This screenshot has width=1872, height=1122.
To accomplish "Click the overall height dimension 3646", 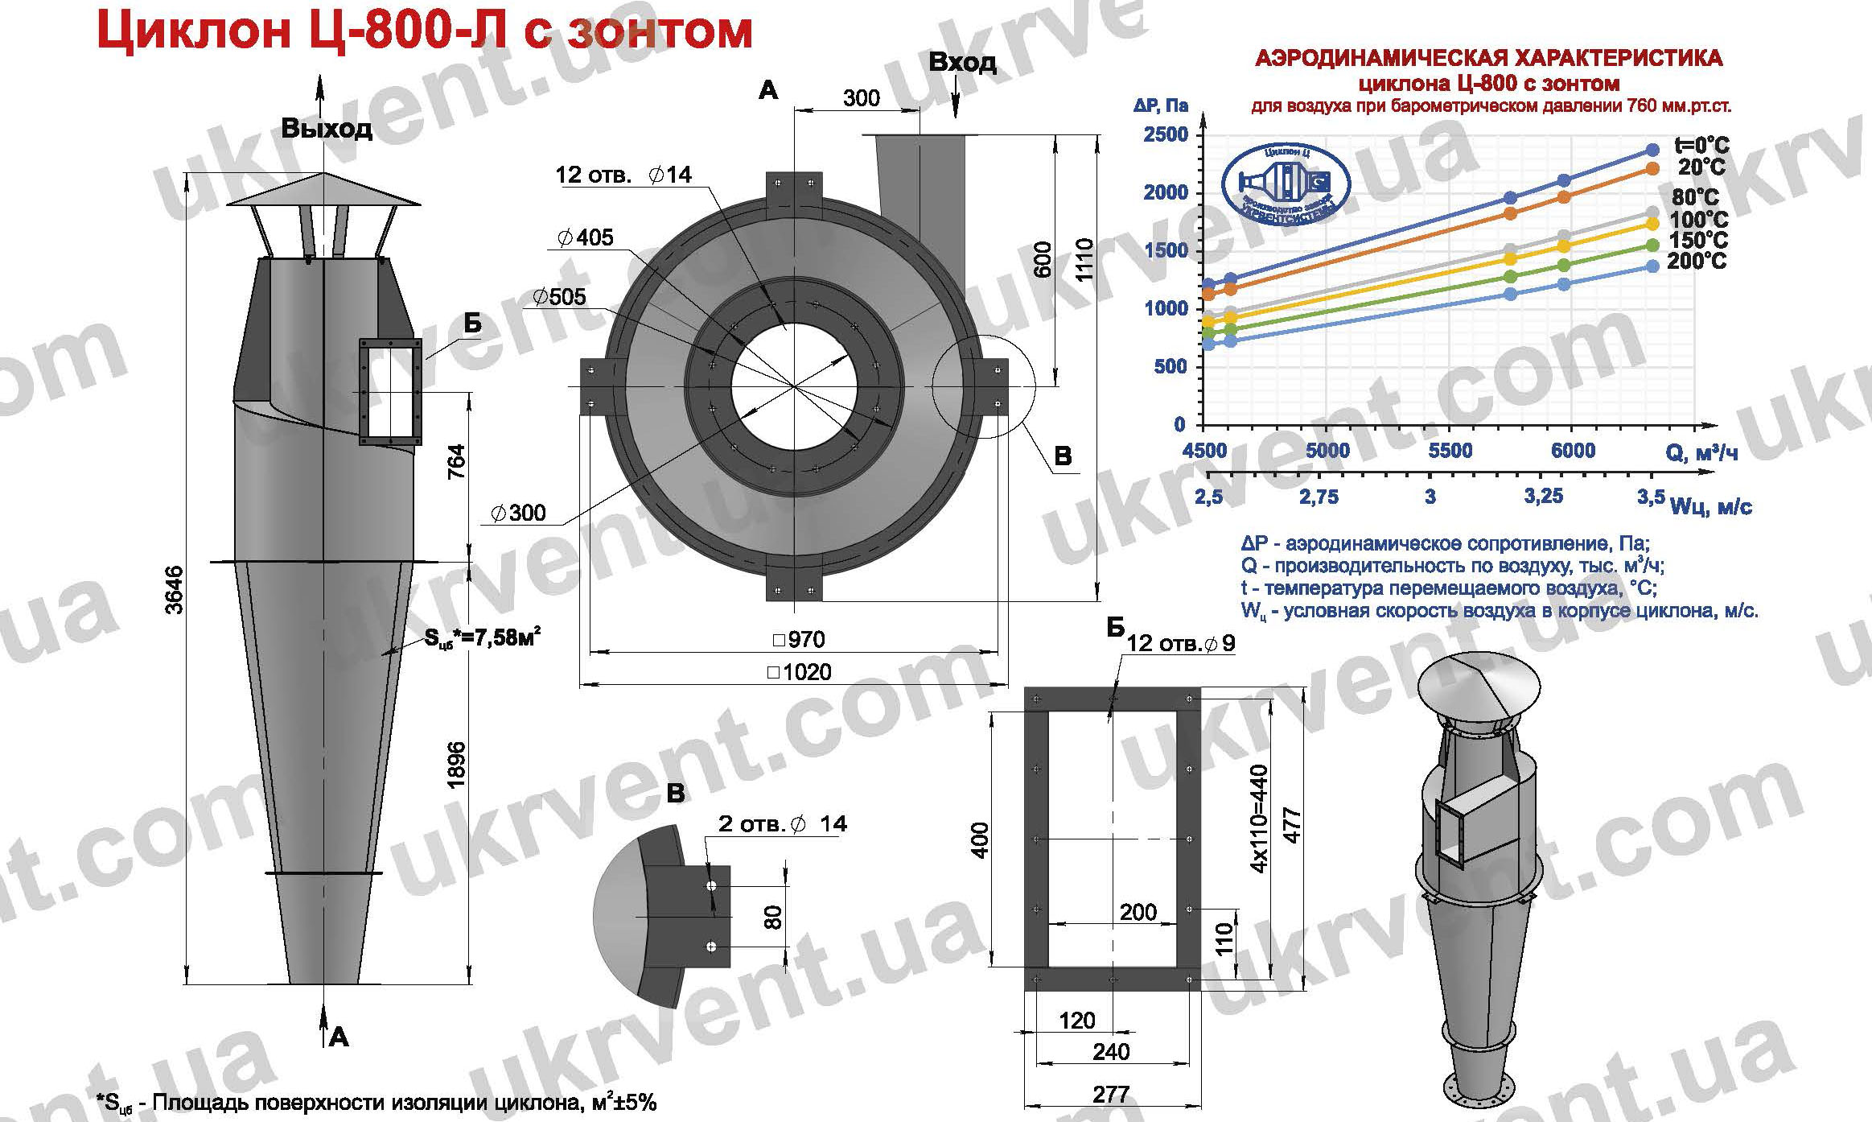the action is [175, 590].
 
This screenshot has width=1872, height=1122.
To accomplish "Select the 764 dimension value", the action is [456, 462].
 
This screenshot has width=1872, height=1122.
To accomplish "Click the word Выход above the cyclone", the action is [327, 129].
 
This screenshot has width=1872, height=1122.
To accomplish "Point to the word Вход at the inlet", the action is [962, 62].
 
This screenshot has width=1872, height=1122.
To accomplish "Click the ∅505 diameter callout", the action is [559, 297].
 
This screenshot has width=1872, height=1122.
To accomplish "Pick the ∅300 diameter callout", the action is [518, 512].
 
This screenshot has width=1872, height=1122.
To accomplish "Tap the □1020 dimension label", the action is [801, 671].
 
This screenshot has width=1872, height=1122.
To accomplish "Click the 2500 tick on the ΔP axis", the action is [1165, 134].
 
